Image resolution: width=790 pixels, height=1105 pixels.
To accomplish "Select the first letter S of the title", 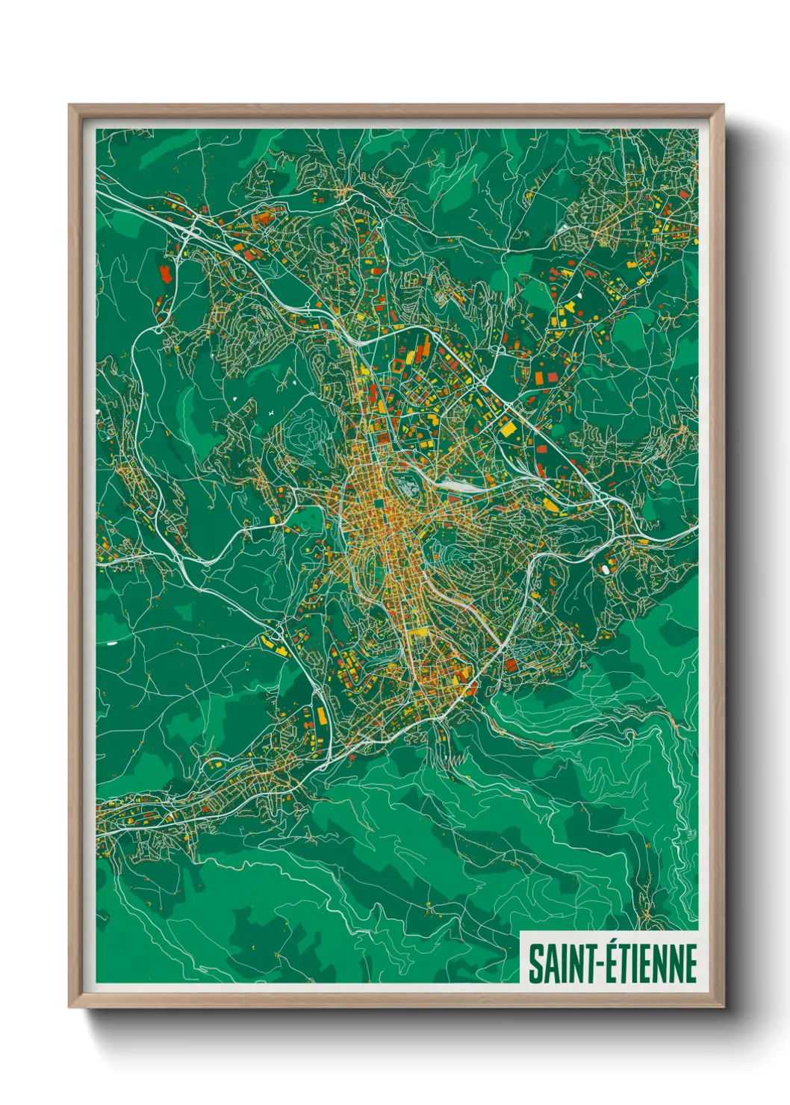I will coord(535,964).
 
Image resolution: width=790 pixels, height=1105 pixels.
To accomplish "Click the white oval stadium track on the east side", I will coord(604,569).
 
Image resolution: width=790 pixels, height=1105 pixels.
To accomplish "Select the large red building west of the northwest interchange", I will coord(165,273).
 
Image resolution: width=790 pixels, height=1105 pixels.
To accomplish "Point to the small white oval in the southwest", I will coord(112,641).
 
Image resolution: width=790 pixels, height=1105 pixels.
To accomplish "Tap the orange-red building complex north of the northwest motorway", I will coord(263,219).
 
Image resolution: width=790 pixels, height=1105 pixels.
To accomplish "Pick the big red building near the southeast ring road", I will coord(511,664).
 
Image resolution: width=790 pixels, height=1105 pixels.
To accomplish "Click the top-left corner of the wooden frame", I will coord(70,106).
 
